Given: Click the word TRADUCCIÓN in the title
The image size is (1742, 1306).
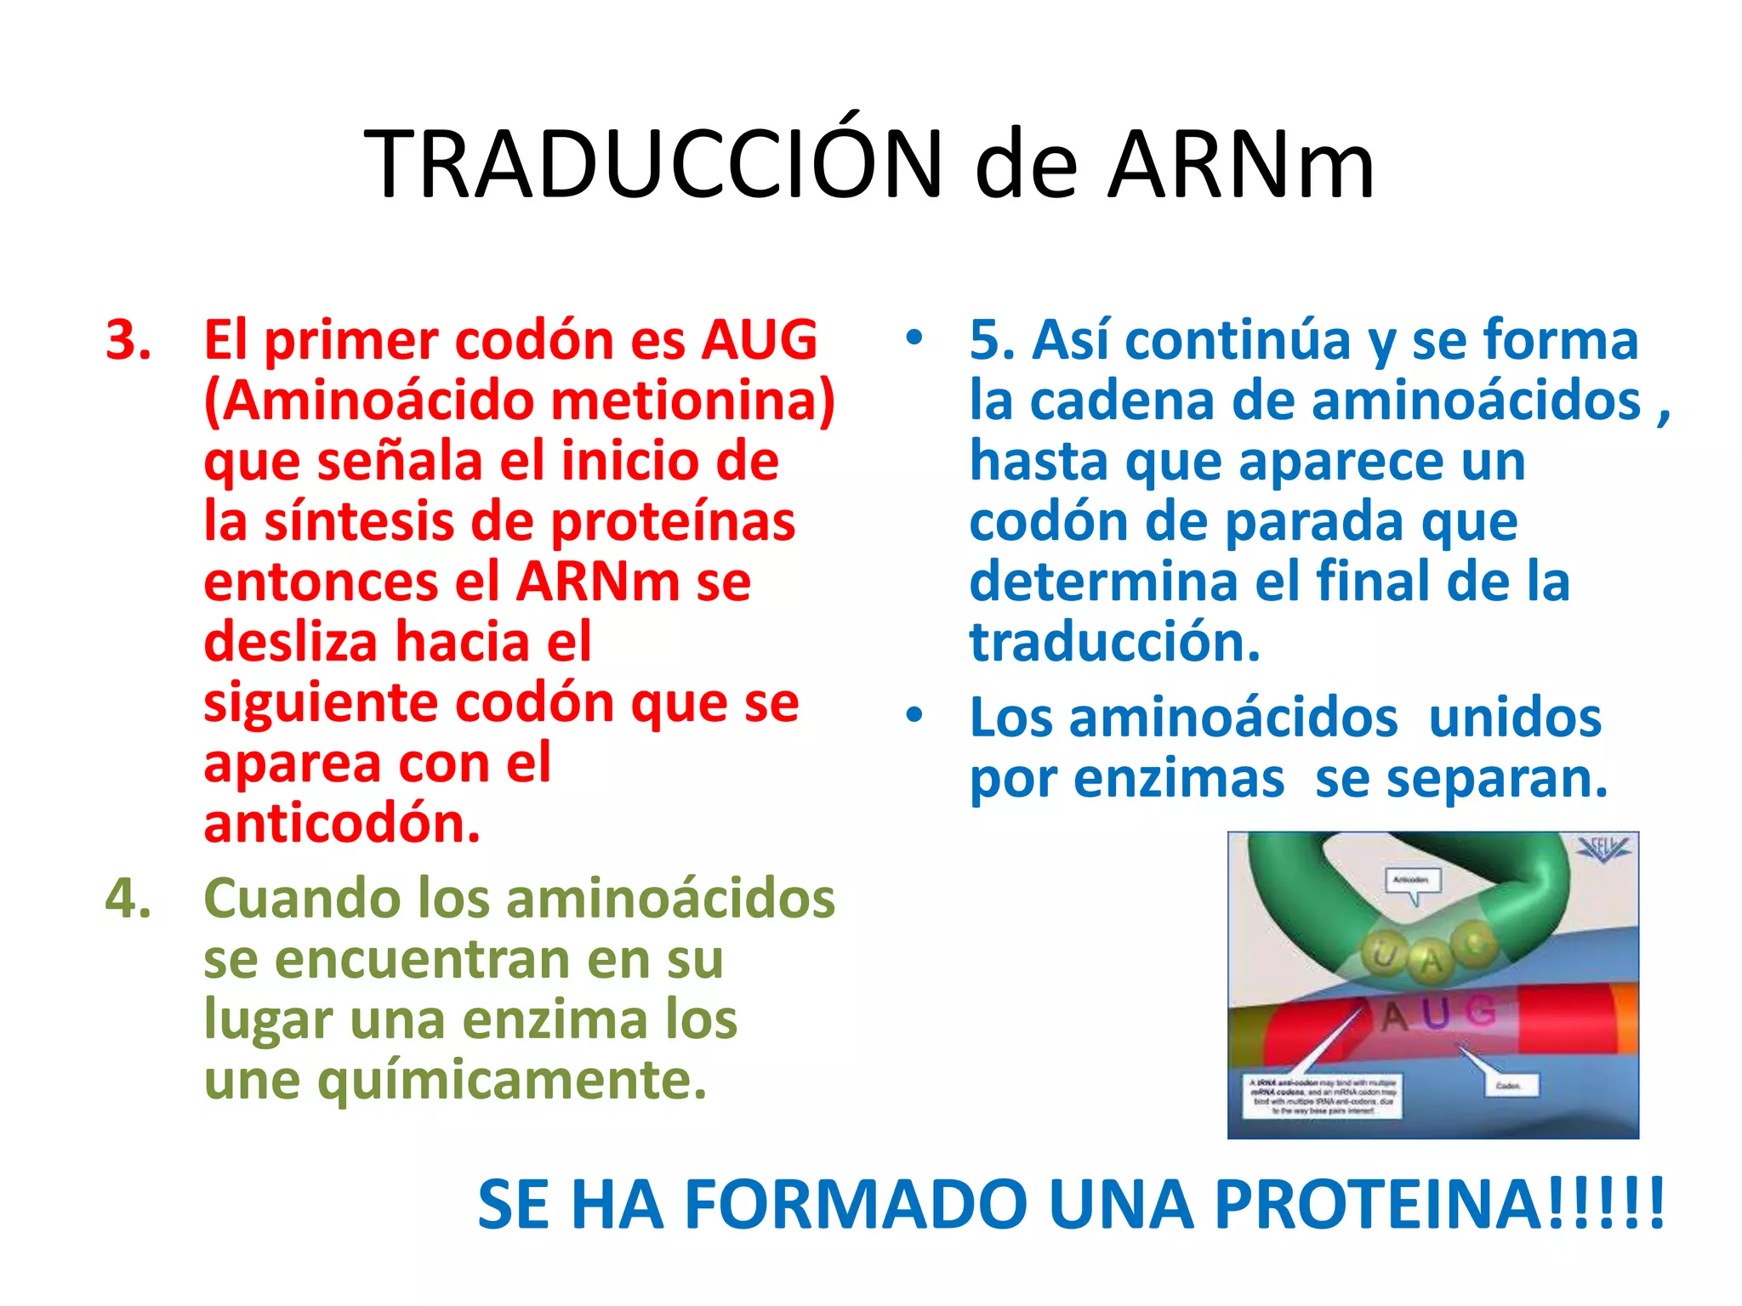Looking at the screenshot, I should pos(653,164).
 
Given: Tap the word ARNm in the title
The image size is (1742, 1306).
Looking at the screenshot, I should pos(1241,164).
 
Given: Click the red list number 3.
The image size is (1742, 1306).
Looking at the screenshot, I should pos(128,340).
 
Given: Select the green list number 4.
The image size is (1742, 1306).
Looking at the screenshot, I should pos(128,899).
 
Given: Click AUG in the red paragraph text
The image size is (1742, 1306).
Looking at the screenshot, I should pos(759,340).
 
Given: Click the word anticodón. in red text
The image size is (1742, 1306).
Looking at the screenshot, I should pos(342,824).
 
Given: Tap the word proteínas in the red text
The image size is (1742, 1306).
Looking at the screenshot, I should pos(674,521).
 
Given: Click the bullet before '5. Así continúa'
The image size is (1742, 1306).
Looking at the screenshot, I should pos(914,338).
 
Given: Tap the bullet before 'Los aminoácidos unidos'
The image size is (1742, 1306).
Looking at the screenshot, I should pos(914,714).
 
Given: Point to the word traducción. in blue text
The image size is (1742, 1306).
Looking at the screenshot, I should pos(1114,642).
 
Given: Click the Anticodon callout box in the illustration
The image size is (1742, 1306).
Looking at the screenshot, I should pos(1412,880).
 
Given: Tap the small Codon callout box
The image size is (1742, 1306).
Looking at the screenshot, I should pos(1507,1086).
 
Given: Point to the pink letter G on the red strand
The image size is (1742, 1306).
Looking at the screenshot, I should pos(1481,1010).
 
